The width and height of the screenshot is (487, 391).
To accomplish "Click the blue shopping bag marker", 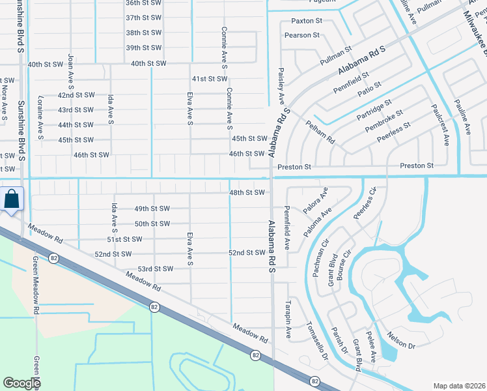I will click(x=12, y=199).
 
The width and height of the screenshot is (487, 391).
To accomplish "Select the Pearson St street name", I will click(x=302, y=35).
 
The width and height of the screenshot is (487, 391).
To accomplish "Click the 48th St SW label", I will click(x=247, y=193).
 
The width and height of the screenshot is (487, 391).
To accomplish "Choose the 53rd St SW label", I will click(x=155, y=268).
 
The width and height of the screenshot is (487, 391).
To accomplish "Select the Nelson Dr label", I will click(x=402, y=343).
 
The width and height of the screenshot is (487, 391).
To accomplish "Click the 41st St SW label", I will click(x=208, y=79).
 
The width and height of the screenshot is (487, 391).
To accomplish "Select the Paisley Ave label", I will click(x=282, y=85).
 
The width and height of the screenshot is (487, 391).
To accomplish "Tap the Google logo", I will click(x=21, y=383).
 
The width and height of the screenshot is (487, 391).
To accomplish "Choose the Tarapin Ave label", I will click(x=287, y=319).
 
